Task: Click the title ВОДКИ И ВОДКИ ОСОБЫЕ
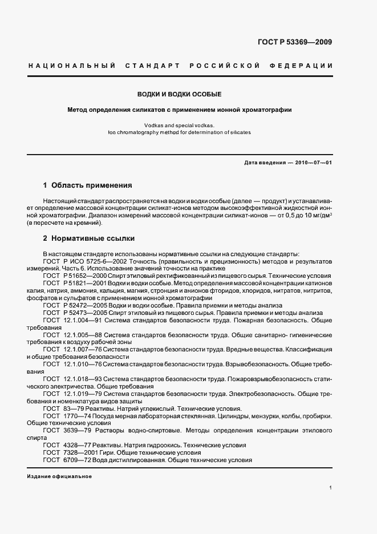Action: (180, 94)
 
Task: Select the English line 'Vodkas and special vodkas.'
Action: (179, 124)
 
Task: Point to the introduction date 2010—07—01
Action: (313, 163)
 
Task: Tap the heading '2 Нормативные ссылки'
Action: (88, 238)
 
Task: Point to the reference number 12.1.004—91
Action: (84, 320)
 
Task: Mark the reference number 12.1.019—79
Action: (84, 394)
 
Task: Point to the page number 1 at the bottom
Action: (331, 488)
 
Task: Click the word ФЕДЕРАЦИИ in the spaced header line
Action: (305, 66)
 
